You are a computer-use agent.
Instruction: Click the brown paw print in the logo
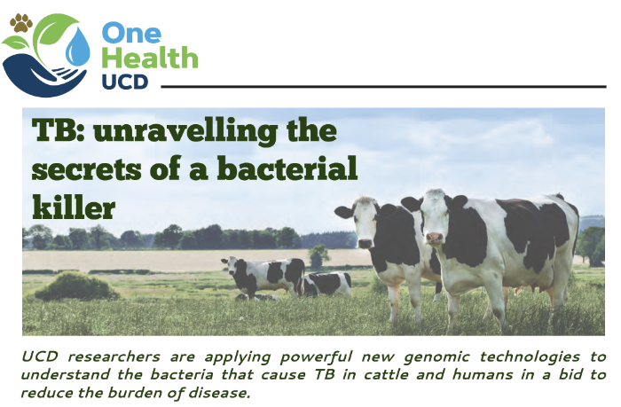click(21, 23)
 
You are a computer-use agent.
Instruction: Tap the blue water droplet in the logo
click(78, 47)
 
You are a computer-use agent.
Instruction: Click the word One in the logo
click(131, 33)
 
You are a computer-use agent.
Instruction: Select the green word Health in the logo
click(150, 58)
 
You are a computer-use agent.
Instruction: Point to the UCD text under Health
click(125, 82)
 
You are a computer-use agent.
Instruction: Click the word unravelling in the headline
click(185, 131)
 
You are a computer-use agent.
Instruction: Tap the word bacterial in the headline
click(287, 168)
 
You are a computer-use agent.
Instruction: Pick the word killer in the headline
click(74, 206)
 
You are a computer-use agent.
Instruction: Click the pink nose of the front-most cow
click(434, 239)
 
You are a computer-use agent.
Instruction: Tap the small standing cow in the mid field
click(263, 276)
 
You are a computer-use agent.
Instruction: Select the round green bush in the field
click(76, 286)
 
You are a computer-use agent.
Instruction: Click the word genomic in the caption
click(436, 357)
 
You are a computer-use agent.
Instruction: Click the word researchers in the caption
click(114, 356)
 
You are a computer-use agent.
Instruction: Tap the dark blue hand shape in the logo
click(43, 76)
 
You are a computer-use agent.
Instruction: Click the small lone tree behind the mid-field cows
click(318, 256)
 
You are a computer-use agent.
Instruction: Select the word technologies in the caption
click(530, 357)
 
